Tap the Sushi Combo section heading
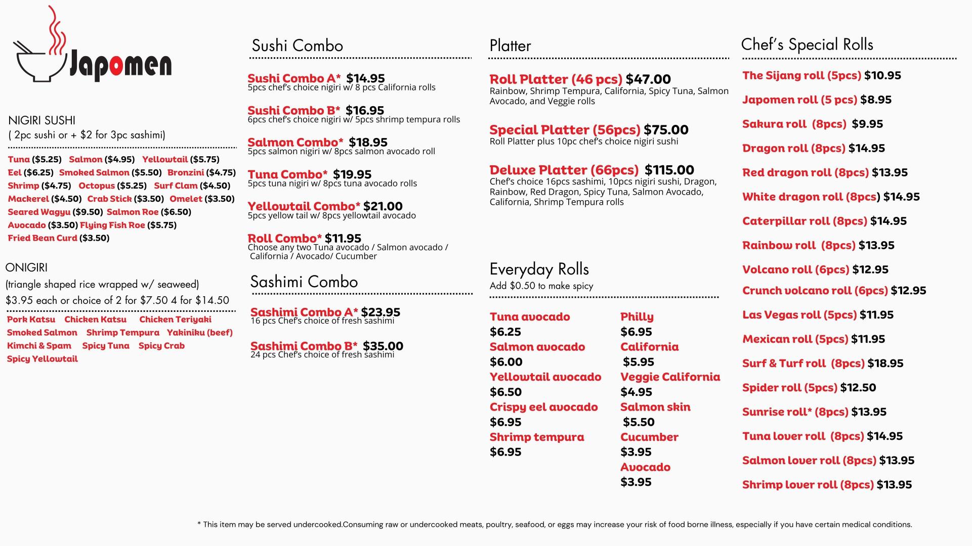tap(297, 46)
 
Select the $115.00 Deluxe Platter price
tap(669, 170)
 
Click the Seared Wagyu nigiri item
tap(39, 212)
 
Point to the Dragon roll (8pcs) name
tap(793, 149)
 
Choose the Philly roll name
tap(637, 317)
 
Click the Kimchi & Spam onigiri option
tap(39, 346)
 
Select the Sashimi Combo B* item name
tap(304, 346)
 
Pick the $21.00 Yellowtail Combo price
tap(383, 206)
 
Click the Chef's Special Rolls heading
tap(807, 45)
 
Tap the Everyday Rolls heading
tap(539, 269)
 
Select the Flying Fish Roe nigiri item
tap(112, 225)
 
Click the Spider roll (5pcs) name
tap(789, 388)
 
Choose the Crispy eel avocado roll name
tap(543, 407)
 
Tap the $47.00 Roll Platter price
tap(648, 79)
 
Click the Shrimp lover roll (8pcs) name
tap(808, 485)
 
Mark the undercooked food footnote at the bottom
tap(554, 525)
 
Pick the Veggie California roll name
tap(670, 377)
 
